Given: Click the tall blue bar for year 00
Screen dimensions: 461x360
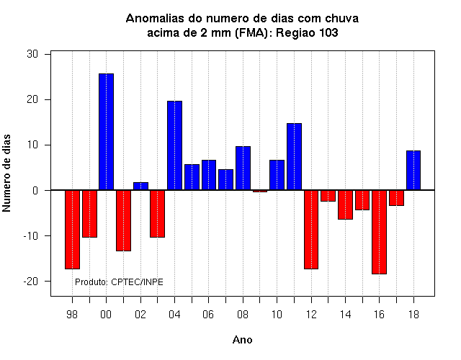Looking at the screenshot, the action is point(106,132).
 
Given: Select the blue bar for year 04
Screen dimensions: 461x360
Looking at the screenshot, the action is point(174,145).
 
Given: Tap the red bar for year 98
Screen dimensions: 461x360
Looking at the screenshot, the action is point(72,230).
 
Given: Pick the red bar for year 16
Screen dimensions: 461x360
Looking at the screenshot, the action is point(380,232).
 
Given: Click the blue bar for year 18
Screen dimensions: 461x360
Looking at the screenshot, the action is point(413,171).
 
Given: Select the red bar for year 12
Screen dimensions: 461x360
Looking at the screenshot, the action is point(311,230).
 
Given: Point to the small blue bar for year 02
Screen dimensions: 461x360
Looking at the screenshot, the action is point(141,186).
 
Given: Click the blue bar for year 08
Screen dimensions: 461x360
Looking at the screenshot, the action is point(243,168).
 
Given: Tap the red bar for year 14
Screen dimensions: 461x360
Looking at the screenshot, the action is point(345,204).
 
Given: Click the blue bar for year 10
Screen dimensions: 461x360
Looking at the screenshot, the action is point(277,175).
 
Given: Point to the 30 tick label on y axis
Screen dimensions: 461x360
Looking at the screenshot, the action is point(32,54).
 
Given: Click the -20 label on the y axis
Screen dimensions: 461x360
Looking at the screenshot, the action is point(31,282).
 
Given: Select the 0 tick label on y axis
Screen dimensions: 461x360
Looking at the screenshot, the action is point(35,190).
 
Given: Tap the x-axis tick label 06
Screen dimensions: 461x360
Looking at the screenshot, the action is point(208,315).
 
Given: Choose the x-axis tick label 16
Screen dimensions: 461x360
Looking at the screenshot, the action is point(380,315).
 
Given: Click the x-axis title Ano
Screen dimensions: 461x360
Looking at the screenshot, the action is point(243,340).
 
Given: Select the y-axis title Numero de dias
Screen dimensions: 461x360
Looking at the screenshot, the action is point(6,174).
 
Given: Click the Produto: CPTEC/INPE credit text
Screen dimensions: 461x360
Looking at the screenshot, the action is point(119,282).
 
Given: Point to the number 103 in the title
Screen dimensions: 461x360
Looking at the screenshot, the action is point(328,32).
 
